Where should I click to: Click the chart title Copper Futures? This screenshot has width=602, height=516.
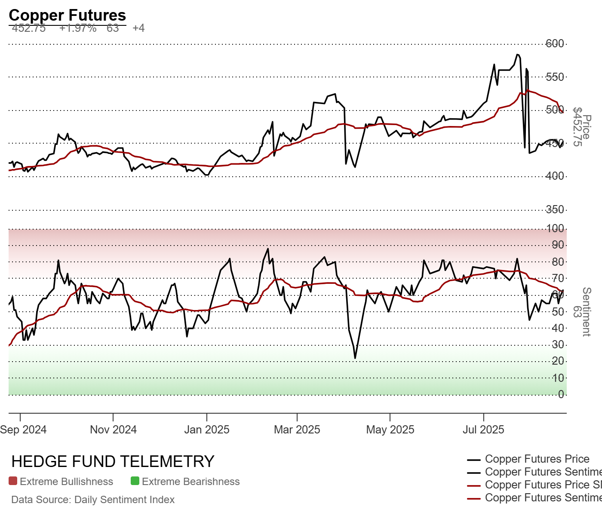click(67, 15)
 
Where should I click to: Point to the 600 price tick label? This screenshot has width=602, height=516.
click(555, 43)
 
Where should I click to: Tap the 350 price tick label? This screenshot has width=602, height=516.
click(555, 209)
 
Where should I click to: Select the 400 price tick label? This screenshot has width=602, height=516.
click(555, 176)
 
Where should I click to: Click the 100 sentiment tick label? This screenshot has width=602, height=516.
click(555, 228)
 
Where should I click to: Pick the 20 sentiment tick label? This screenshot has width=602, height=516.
click(558, 361)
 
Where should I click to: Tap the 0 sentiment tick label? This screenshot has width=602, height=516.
click(561, 394)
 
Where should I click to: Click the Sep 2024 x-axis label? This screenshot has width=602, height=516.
click(23, 430)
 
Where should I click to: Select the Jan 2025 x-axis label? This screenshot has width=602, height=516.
click(207, 430)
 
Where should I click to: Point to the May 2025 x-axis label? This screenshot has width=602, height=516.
click(390, 430)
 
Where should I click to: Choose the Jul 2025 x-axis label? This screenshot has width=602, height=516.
click(483, 430)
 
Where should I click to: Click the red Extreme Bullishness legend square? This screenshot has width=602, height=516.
click(13, 481)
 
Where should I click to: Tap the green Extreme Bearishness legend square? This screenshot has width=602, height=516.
click(135, 481)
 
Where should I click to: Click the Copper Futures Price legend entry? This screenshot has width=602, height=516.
click(537, 459)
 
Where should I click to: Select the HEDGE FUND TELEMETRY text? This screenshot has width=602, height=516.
click(113, 461)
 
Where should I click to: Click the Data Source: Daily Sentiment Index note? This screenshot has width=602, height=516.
click(93, 500)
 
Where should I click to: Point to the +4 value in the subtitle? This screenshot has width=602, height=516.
click(138, 28)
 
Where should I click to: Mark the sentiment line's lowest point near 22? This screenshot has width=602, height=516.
click(355, 358)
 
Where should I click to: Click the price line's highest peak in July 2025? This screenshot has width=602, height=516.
click(517, 55)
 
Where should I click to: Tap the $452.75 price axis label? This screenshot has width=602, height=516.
click(577, 127)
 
